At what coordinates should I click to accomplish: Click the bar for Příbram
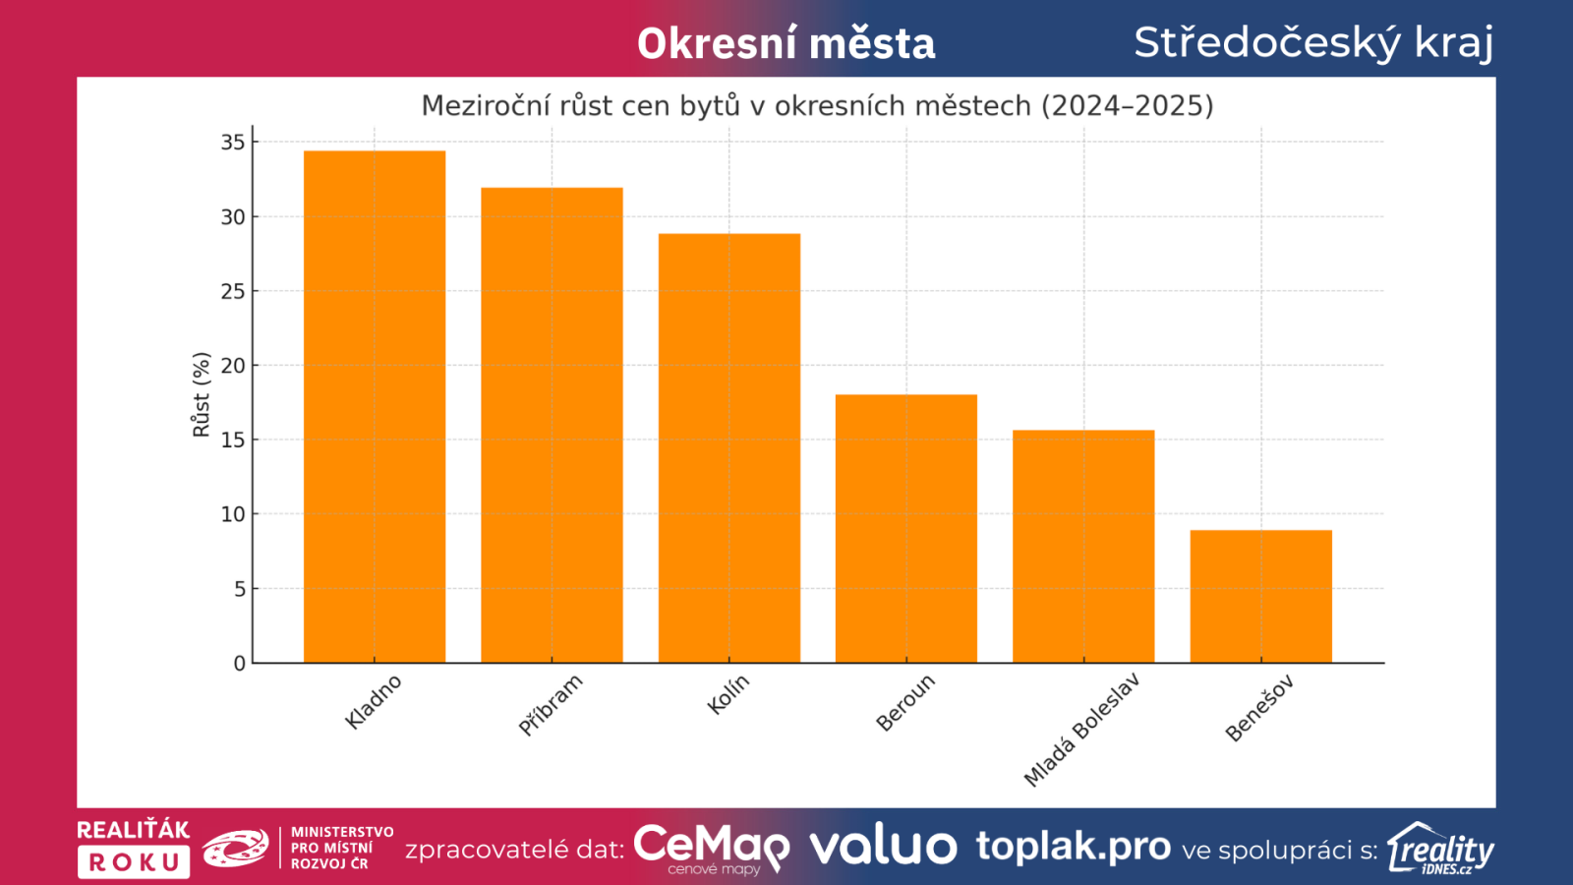(552, 425)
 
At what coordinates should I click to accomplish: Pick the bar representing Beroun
(906, 528)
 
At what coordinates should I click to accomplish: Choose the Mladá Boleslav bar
(1083, 546)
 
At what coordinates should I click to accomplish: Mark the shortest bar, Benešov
(1261, 596)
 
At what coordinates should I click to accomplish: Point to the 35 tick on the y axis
(233, 143)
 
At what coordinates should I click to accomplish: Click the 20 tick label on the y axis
(233, 366)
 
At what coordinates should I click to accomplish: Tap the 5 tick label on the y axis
(239, 589)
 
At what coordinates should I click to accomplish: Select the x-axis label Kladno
(374, 701)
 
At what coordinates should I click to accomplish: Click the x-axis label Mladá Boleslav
(1081, 730)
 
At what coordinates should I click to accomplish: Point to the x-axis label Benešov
(1259, 708)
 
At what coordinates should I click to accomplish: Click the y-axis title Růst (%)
(202, 394)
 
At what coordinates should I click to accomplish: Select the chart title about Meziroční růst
(817, 105)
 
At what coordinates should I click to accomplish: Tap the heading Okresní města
(786, 44)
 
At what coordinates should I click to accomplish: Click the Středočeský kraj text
(1313, 42)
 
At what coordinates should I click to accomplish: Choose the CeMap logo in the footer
(711, 848)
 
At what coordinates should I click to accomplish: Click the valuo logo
(883, 847)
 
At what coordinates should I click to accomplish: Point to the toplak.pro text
(1074, 846)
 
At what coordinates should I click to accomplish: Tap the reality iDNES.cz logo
(1440, 849)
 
